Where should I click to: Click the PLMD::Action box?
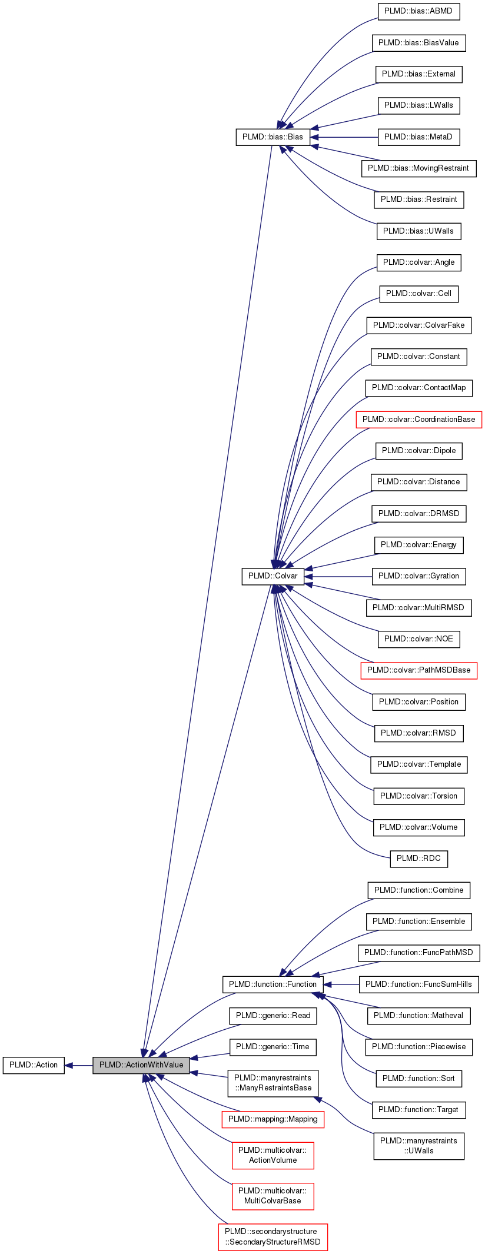(34, 1065)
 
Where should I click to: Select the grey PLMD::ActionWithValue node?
(141, 1065)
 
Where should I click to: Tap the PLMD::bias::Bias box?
(273, 137)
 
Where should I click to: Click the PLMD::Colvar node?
(273, 576)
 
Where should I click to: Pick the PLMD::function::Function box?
(273, 984)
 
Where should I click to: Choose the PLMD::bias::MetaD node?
(418, 137)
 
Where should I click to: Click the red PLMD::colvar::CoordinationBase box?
(418, 420)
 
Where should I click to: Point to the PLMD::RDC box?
(418, 859)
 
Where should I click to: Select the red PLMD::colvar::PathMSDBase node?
(418, 670)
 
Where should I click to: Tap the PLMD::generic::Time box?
(273, 1047)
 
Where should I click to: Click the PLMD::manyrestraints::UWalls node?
(418, 1146)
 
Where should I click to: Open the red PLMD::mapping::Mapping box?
(273, 1119)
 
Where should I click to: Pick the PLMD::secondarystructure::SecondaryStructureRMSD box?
(273, 1237)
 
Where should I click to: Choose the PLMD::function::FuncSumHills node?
(418, 984)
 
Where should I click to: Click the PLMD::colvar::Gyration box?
(418, 576)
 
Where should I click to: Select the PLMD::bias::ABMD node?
(418, 11)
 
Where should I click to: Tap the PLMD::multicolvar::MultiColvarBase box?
(273, 1196)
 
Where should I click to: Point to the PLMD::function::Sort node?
(418, 1079)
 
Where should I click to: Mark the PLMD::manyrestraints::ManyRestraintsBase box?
(273, 1083)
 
